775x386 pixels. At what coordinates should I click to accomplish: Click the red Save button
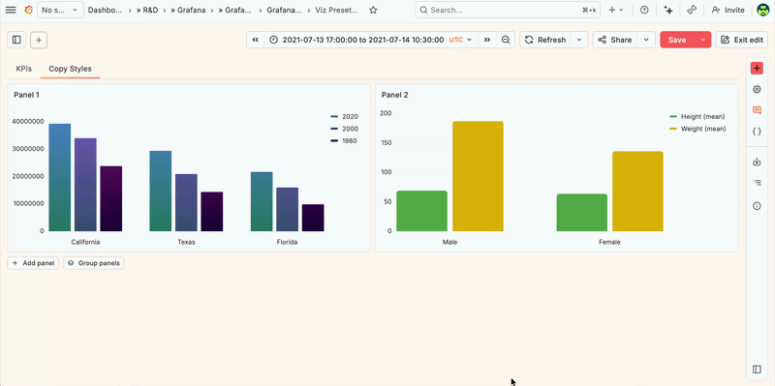pyautogui.click(x=676, y=40)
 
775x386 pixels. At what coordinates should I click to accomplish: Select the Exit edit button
pyautogui.click(x=741, y=40)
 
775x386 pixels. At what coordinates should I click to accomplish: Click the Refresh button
pyautogui.click(x=544, y=40)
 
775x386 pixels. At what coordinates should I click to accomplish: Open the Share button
pyautogui.click(x=614, y=40)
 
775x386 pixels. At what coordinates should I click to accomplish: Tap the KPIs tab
pyautogui.click(x=24, y=69)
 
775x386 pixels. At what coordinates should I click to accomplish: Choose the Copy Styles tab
pyautogui.click(x=71, y=69)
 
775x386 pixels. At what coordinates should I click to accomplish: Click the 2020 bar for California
pyautogui.click(x=60, y=177)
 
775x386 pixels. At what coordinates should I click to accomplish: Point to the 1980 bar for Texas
pyautogui.click(x=211, y=211)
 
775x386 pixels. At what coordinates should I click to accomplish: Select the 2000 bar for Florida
pyautogui.click(x=287, y=209)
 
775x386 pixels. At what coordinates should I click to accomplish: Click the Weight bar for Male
pyautogui.click(x=478, y=176)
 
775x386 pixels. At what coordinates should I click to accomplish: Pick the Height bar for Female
pyautogui.click(x=582, y=213)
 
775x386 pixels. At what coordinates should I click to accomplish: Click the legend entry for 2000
pyautogui.click(x=350, y=129)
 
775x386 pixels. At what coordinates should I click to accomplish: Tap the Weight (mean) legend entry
pyautogui.click(x=703, y=129)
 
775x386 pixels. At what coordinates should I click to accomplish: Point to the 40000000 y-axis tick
pyautogui.click(x=27, y=122)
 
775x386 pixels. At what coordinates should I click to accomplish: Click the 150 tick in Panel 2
pyautogui.click(x=386, y=142)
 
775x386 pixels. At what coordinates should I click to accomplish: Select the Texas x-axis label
pyautogui.click(x=186, y=242)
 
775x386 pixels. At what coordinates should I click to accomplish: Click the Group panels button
pyautogui.click(x=94, y=263)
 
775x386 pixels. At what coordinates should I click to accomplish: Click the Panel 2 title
pyautogui.click(x=394, y=95)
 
